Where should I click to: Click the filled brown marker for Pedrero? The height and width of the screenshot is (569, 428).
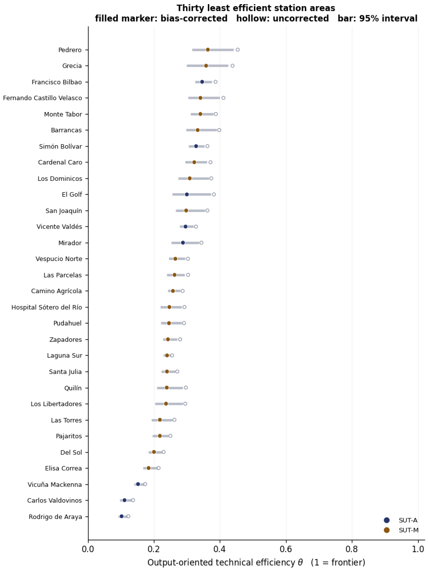(208, 50)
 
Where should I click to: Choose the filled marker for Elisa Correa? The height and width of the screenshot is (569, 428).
(148, 468)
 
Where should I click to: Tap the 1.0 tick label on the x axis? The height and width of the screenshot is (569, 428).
(418, 549)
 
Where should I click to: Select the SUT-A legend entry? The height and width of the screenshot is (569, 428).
(401, 520)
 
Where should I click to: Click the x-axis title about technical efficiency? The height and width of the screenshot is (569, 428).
(256, 562)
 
